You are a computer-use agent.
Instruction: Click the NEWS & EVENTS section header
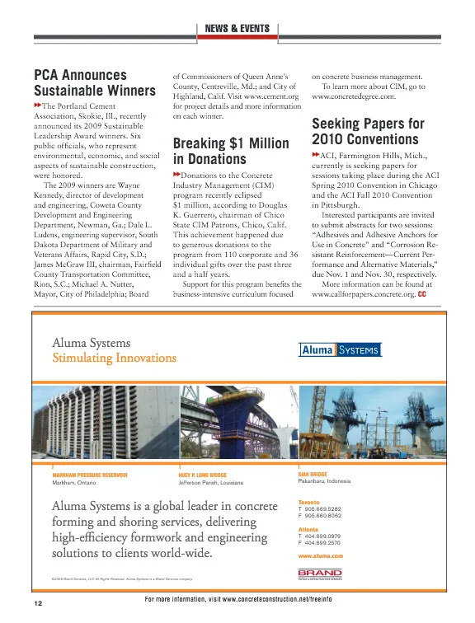coord(237,29)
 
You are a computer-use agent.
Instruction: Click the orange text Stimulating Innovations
coord(102,358)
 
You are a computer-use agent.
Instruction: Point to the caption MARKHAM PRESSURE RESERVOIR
coord(89,475)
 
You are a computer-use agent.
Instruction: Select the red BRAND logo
coord(318,571)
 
